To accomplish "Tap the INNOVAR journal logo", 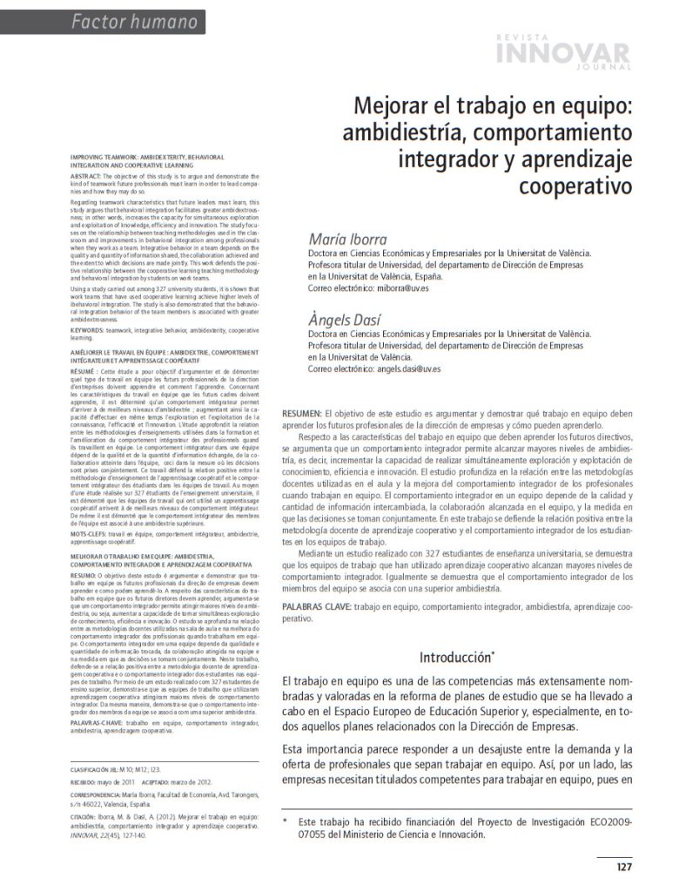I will pos(562,52).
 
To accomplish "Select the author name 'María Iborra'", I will pos(344,239).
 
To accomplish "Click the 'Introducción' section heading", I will pos(455,656).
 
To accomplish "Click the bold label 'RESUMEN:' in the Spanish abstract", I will pos(302,411).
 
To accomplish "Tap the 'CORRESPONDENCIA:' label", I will pos(97,795).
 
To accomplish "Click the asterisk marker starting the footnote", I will pos(284,821).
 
